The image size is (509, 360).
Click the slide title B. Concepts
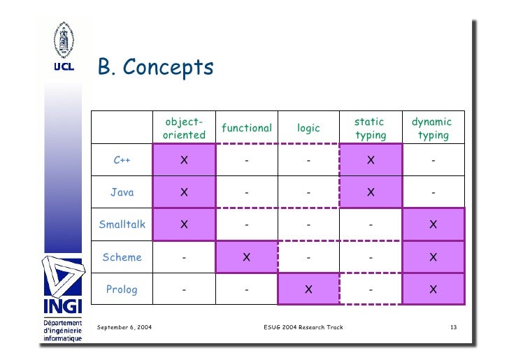155,69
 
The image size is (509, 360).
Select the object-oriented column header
184,128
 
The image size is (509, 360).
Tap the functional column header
246,128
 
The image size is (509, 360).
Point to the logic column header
308,128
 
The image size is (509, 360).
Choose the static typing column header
370,128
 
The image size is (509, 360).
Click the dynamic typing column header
432,128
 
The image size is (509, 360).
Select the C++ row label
122,160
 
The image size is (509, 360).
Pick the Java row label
122,192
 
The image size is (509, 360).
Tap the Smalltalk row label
122,224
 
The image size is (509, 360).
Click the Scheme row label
122,257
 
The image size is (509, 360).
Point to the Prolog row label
122,289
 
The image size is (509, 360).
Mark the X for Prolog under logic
308,289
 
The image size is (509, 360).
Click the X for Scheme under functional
246,257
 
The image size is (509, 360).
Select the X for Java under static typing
371,192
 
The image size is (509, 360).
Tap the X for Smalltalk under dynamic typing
433,224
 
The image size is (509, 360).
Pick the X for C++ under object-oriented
184,160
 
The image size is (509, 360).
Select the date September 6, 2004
125,327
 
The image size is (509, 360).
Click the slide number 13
453,327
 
